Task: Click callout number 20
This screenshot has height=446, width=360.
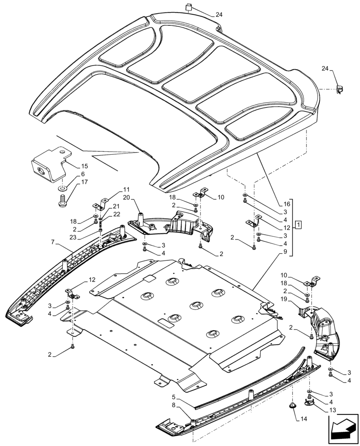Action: pyautogui.click(x=126, y=198)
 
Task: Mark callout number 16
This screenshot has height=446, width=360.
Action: pyautogui.click(x=286, y=204)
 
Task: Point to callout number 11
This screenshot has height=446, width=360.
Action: pyautogui.click(x=126, y=189)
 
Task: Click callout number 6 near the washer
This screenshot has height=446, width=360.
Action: pyautogui.click(x=82, y=174)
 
